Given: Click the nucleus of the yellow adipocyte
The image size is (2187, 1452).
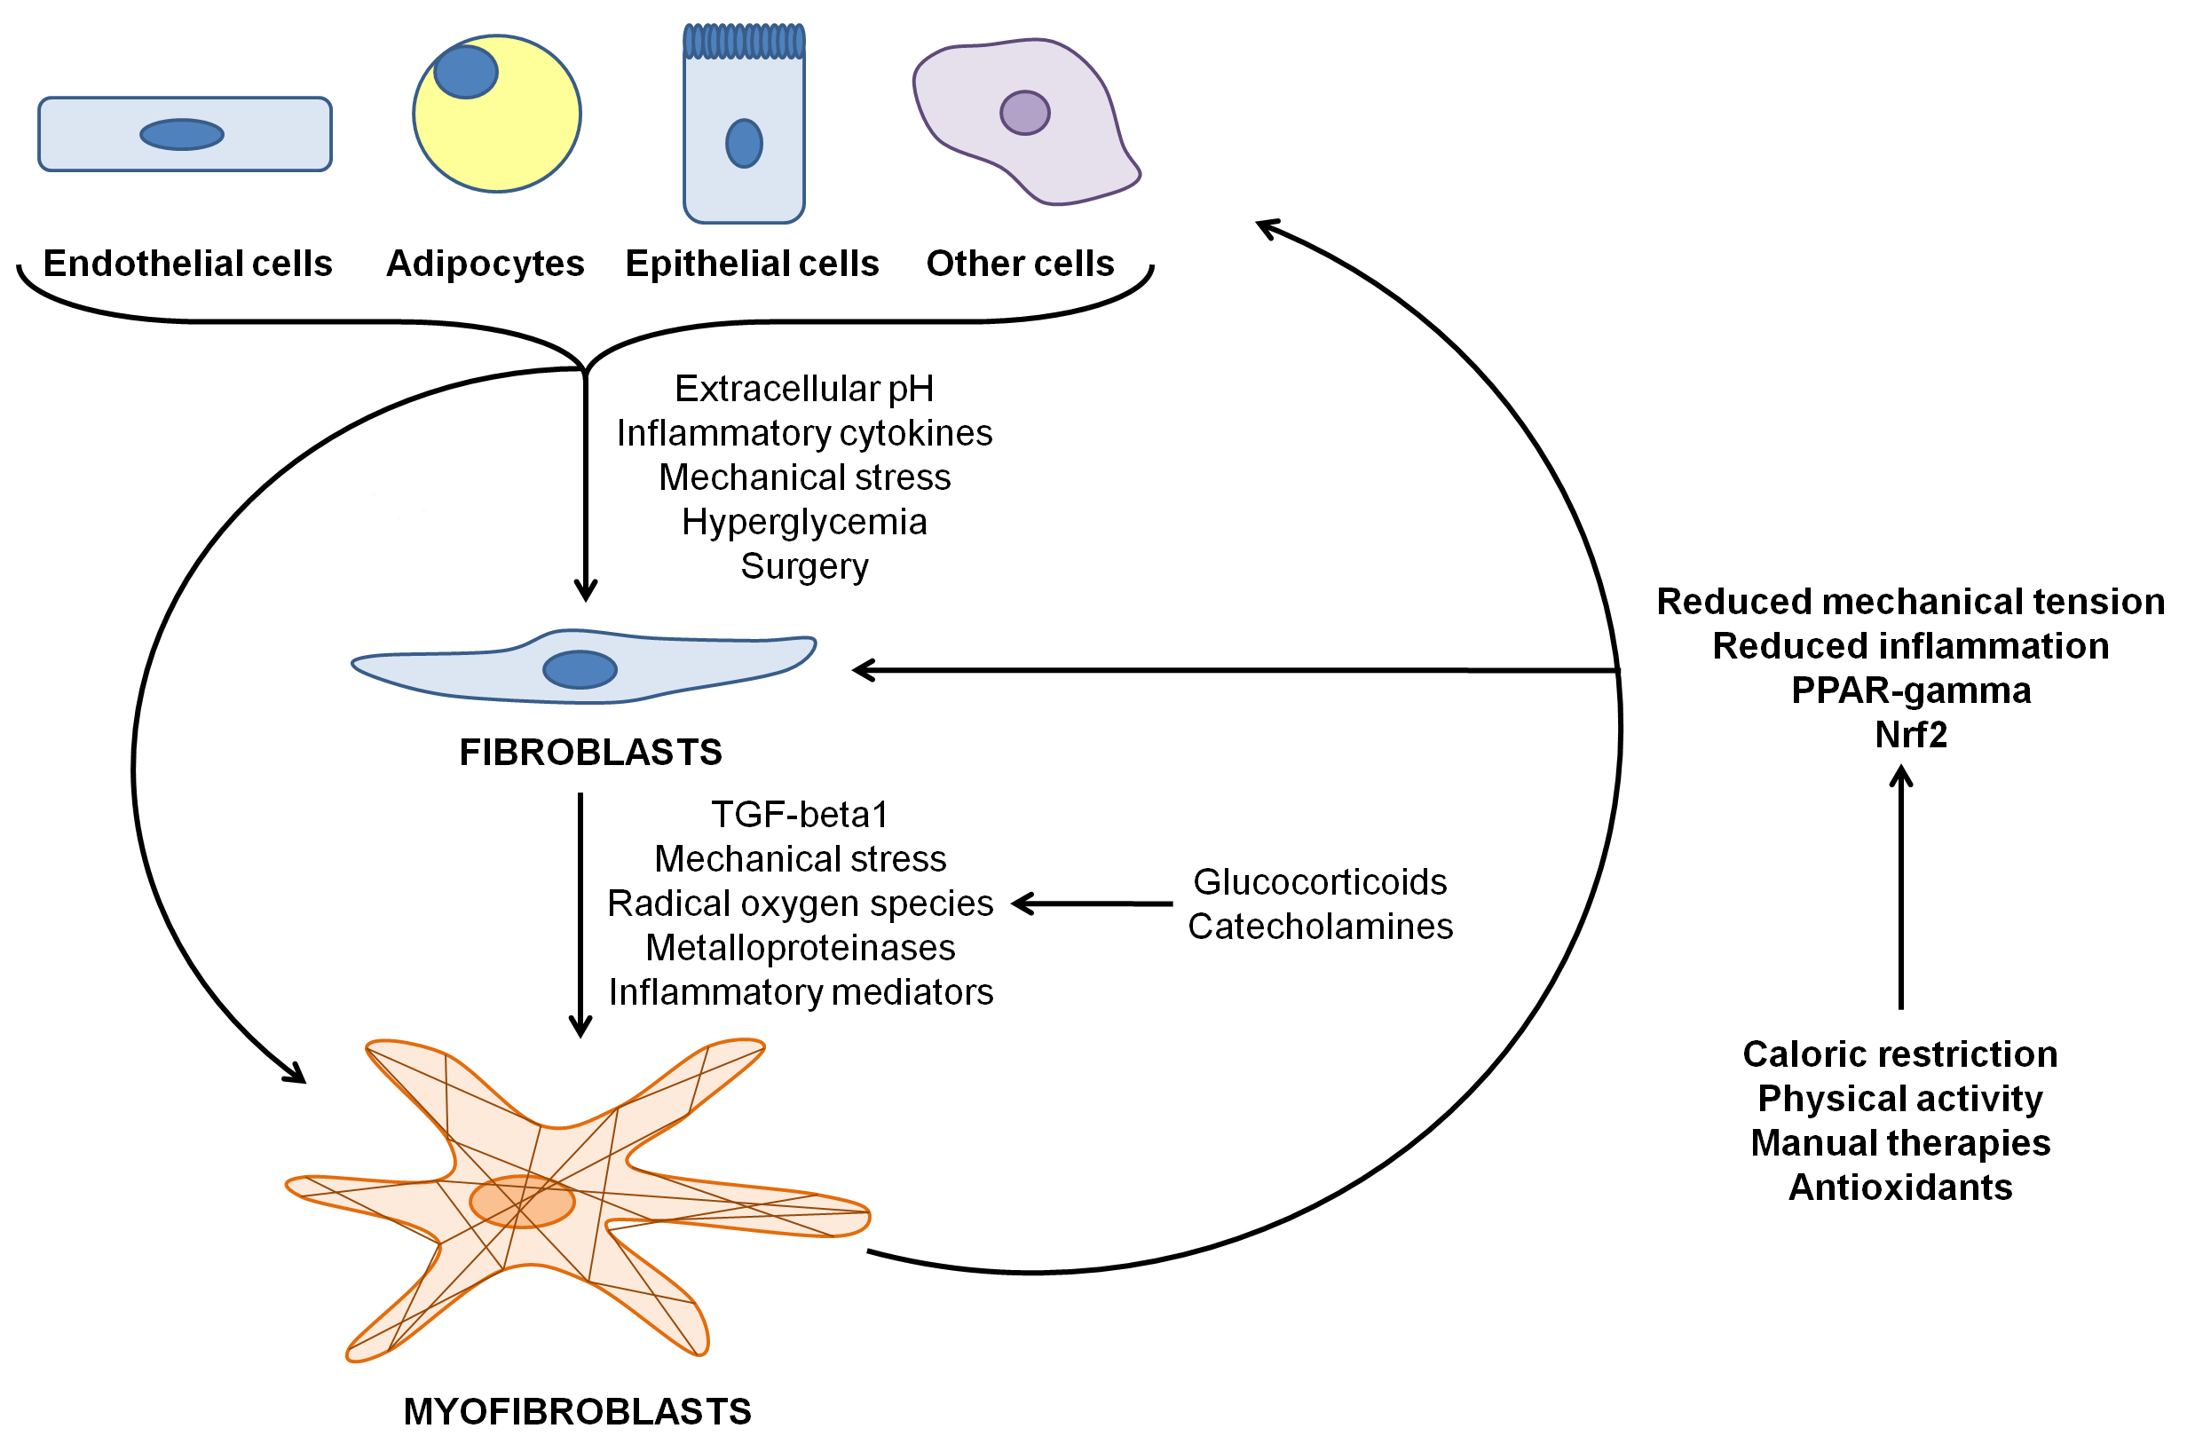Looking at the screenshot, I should (466, 71).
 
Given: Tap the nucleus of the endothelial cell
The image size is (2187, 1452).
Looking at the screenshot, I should (181, 134).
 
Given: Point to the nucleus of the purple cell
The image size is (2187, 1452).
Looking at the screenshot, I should (1024, 113).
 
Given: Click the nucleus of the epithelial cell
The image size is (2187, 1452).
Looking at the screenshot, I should (744, 144).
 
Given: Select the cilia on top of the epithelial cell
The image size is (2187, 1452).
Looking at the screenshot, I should (744, 42).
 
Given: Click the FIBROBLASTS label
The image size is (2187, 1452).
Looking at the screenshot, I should (590, 752).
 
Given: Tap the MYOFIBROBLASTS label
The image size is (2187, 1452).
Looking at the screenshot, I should (577, 1411).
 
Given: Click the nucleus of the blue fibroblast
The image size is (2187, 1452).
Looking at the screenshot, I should (580, 669).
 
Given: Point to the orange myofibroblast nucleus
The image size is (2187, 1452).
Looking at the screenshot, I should (522, 1202).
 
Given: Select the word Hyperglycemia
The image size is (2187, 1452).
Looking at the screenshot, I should (803, 522).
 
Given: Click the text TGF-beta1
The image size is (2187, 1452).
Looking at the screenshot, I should (799, 815).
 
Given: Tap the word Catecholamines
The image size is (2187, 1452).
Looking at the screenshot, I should (1320, 926).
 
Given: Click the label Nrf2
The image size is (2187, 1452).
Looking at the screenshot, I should (1910, 734).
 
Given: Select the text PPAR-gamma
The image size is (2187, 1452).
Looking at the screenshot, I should (1910, 690).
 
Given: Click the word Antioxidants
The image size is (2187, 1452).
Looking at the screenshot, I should (1900, 1188).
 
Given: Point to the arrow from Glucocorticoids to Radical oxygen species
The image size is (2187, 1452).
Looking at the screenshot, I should (1093, 904).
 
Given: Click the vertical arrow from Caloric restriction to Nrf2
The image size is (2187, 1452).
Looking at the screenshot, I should (1901, 889).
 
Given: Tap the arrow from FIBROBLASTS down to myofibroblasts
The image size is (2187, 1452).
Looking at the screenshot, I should (580, 917).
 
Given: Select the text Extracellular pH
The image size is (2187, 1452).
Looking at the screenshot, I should (803, 389).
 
